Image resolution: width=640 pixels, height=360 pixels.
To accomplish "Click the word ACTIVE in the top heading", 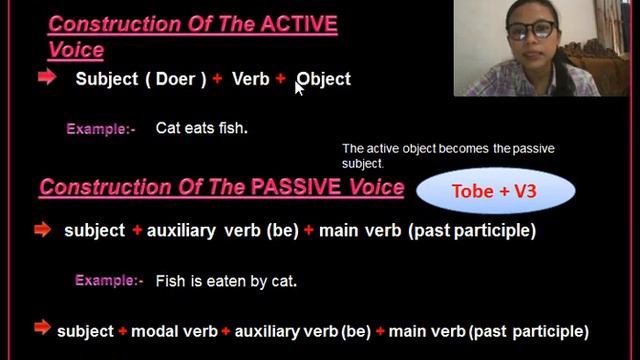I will tap(297, 24).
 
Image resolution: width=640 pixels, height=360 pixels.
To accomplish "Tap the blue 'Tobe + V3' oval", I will tap(495, 191).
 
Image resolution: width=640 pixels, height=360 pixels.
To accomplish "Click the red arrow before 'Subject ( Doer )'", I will tap(46, 77).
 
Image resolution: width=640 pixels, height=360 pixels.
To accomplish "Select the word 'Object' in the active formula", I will tap(325, 79).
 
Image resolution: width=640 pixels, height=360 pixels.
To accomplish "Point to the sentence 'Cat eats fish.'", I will tap(201, 128).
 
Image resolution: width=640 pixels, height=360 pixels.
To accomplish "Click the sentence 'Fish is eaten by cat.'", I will tap(226, 282).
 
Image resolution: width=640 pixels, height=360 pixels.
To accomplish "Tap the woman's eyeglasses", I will tap(530, 29).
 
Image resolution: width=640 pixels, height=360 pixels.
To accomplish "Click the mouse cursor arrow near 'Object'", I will tap(299, 87).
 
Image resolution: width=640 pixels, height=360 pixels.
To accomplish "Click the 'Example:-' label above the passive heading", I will tap(100, 129).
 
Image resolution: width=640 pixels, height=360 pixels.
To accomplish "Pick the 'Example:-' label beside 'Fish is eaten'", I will tap(109, 282).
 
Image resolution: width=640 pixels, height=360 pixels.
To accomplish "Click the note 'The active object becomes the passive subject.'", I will tap(448, 155).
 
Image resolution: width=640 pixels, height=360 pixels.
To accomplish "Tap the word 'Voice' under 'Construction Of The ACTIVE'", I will tap(75, 49).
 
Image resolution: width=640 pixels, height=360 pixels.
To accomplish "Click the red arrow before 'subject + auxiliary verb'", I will tap(41, 230).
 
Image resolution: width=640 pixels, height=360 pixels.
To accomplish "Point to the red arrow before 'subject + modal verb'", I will tap(41, 327).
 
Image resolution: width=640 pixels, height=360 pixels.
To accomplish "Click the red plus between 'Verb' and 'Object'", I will tap(281, 78).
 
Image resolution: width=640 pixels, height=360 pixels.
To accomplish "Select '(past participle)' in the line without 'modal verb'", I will tap(472, 231).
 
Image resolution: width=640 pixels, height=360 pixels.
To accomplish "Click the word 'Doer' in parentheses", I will tap(175, 79).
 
